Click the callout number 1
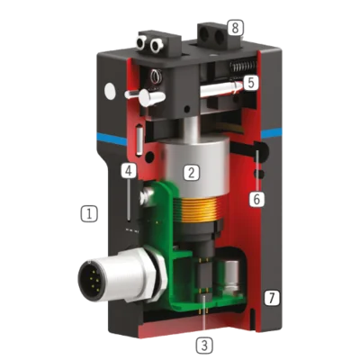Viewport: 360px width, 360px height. (x=89, y=213)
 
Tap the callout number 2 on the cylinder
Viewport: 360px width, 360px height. (x=192, y=172)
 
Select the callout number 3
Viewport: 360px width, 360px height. (x=204, y=346)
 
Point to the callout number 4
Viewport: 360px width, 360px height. (x=129, y=171)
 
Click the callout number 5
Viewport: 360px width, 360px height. (x=250, y=83)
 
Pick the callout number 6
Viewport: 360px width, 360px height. (x=256, y=199)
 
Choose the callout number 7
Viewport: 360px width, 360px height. (x=272, y=298)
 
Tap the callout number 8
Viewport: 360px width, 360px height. (x=235, y=28)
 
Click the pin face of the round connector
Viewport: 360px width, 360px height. (x=92, y=278)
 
